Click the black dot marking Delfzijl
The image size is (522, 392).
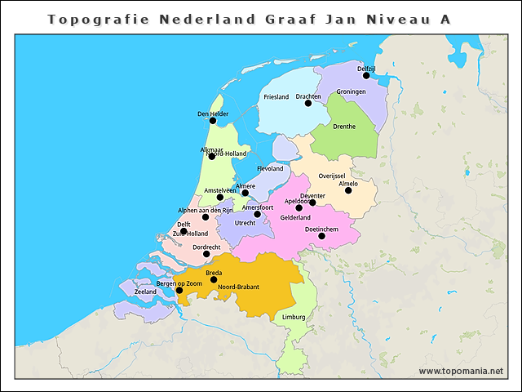[x=366, y=76]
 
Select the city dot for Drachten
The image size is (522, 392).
[x=308, y=103]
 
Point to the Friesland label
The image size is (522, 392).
[x=276, y=97]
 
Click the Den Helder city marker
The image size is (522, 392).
[x=213, y=121]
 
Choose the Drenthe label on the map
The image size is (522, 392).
[x=344, y=127]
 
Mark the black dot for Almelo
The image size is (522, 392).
[x=348, y=190]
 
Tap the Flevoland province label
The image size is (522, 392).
[x=270, y=169]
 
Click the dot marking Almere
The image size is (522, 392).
[x=246, y=194]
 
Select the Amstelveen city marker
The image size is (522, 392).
[x=220, y=197]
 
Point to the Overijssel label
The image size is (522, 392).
[x=332, y=176]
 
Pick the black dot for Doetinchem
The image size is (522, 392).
[x=321, y=236]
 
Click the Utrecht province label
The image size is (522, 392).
[x=246, y=223]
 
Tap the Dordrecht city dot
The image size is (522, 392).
[x=206, y=254]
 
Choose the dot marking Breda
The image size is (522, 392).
[x=214, y=279]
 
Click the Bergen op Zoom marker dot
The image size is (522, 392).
[x=179, y=290]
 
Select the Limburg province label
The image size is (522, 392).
[x=294, y=317]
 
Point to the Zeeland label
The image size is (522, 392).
[x=145, y=292]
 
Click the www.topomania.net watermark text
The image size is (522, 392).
[x=461, y=371]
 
